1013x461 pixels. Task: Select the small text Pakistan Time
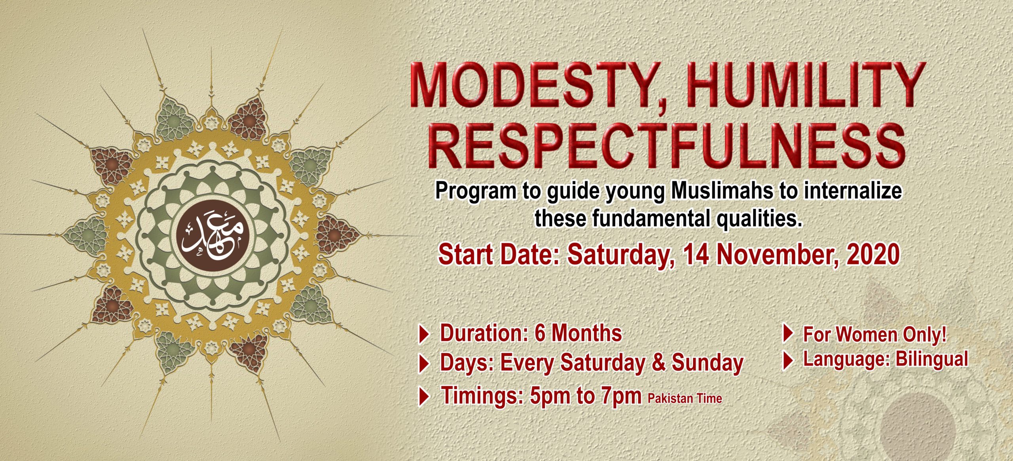(685, 398)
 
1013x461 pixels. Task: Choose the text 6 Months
(578, 333)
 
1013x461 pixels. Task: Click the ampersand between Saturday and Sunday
(658, 363)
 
